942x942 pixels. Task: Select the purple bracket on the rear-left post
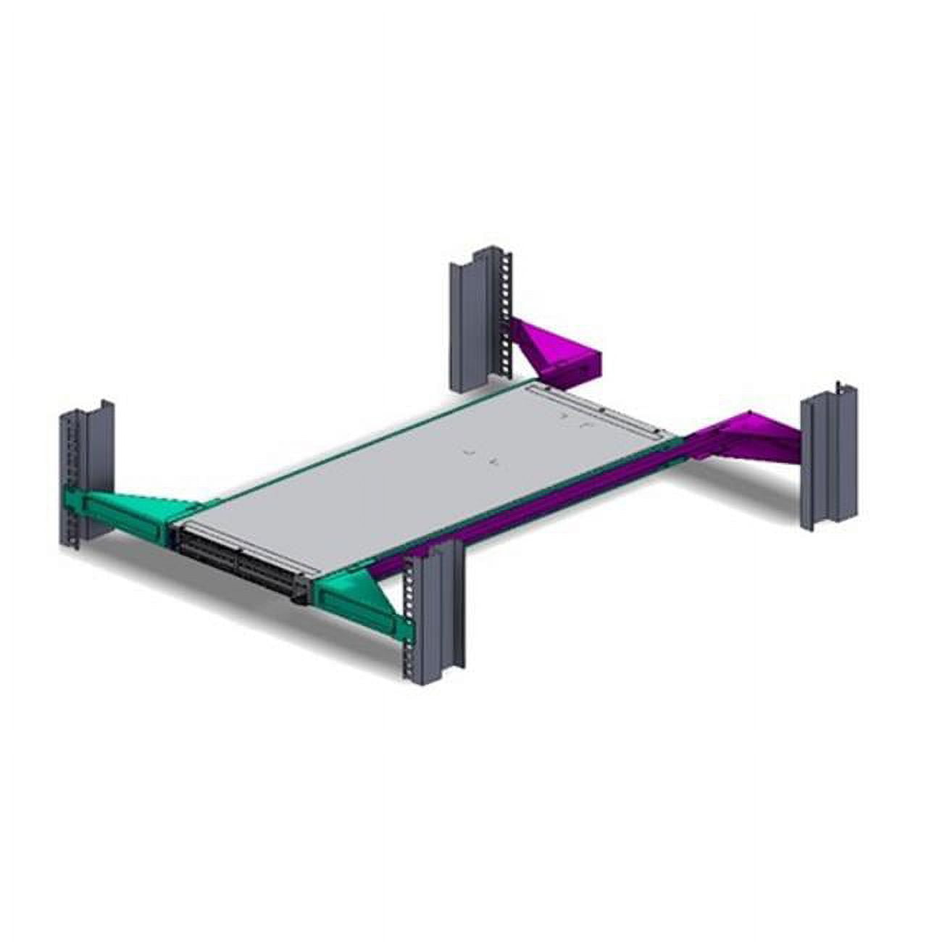pos(554,351)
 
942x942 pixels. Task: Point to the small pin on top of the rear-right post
pos(838,383)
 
